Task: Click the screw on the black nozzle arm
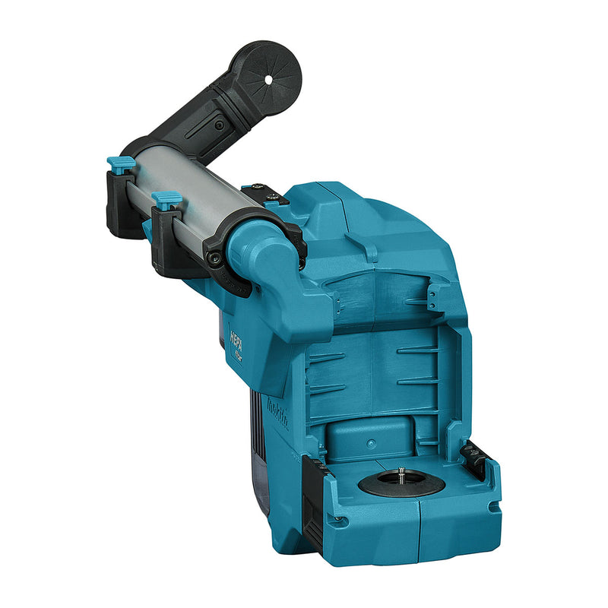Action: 220,125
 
